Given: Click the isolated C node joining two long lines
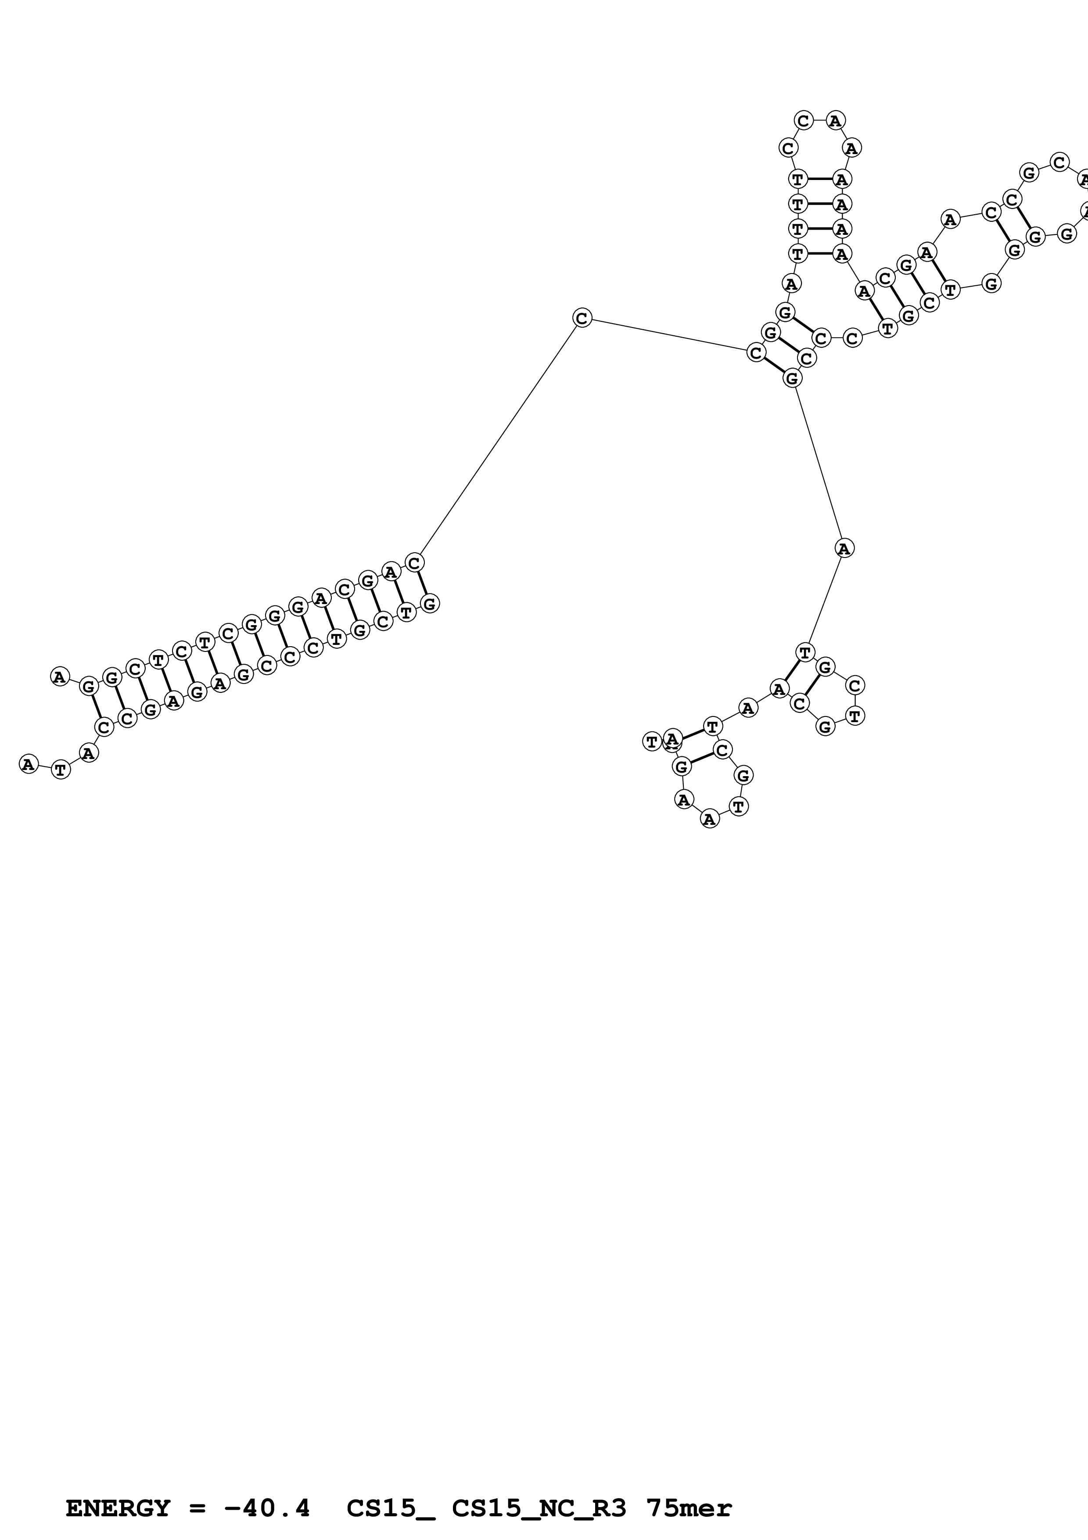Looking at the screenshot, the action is pyautogui.click(x=582, y=318).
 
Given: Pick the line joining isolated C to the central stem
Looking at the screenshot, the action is pyautogui.click(x=669, y=335).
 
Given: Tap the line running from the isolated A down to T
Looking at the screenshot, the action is pyautogui.click(x=825, y=600).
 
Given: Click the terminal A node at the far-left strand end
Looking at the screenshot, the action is pyautogui.click(x=28, y=764).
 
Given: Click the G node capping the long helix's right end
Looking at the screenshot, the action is pyautogui.click(x=430, y=604).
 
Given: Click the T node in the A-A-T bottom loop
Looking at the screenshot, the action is pyautogui.click(x=738, y=806).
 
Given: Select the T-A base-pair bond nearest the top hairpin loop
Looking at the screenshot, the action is pyautogui.click(x=819, y=179).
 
